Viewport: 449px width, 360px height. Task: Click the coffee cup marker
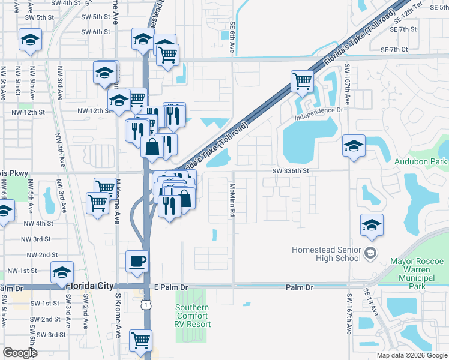point(137,262)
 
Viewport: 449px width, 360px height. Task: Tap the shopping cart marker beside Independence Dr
point(302,81)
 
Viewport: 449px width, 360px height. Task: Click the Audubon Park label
point(420,161)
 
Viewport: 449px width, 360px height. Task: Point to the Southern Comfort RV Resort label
point(193,316)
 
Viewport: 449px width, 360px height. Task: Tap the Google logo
point(20,353)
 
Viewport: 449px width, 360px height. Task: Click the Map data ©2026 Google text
point(411,355)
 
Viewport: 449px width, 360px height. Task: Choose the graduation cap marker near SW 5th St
point(30,40)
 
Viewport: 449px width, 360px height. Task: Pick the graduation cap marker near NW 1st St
point(62,273)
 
